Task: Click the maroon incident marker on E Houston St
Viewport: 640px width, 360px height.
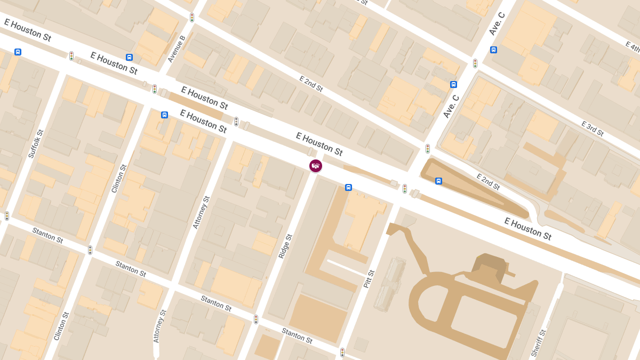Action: (x=316, y=166)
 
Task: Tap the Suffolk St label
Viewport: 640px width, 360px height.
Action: (x=35, y=143)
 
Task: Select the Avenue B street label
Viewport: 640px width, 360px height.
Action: (x=176, y=49)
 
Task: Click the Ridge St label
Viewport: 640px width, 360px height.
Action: (x=285, y=246)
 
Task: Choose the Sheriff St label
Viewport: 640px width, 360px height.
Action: (x=538, y=343)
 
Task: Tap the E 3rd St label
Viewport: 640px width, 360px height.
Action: (x=592, y=129)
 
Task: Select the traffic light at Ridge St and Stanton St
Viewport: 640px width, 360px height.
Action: (x=256, y=319)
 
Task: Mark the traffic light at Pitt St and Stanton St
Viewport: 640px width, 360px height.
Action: (x=342, y=353)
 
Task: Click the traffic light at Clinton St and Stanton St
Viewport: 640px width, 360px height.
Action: (x=90, y=250)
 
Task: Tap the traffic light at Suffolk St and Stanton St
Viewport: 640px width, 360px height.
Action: (x=7, y=216)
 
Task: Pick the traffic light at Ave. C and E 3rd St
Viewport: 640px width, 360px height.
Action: (x=475, y=63)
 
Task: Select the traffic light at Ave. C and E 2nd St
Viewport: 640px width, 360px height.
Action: (x=428, y=149)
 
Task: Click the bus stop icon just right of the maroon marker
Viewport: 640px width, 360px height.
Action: (x=348, y=187)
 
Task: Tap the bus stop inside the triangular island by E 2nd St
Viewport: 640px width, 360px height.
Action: (x=438, y=181)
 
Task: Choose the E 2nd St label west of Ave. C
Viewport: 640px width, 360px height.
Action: (x=311, y=84)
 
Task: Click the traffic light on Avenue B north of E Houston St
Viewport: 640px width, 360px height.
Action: (x=192, y=18)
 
